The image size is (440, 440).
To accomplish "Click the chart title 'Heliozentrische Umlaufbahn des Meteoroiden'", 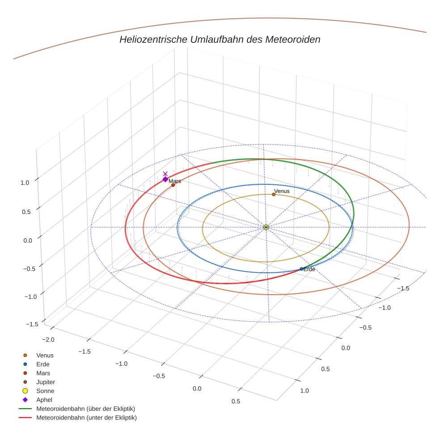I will coord(220,39).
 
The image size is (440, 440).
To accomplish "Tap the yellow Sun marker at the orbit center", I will coord(266,227).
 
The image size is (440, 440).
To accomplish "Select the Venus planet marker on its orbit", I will coord(274,195).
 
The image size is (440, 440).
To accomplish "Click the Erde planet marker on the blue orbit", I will coord(301,269).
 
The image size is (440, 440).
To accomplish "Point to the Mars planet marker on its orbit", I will coord(173,185).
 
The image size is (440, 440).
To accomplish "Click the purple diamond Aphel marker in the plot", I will coord(165,179).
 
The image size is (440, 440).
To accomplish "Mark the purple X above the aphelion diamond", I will coord(165,173).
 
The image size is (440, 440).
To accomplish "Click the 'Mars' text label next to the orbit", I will coord(175,181).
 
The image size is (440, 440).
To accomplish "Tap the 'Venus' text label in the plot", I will coord(282,191).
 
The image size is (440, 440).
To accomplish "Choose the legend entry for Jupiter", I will coord(45,382).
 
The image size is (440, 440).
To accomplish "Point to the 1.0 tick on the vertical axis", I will coord(25,182).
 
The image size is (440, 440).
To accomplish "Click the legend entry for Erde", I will coord(43,364).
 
